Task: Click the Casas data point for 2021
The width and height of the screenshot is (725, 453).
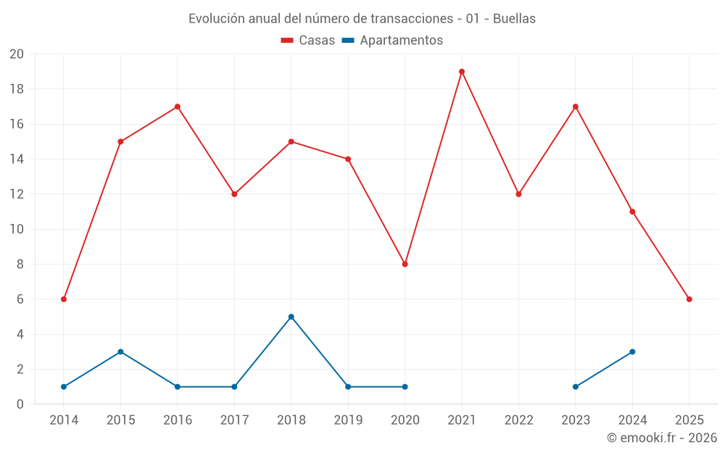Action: click(x=462, y=72)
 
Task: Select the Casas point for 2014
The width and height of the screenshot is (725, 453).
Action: click(x=64, y=299)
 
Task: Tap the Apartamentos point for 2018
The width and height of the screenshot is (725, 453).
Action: click(x=291, y=317)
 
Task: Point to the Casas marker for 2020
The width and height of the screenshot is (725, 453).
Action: click(x=405, y=264)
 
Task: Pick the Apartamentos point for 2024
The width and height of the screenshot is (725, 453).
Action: click(x=632, y=352)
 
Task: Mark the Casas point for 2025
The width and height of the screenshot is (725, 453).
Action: click(x=689, y=299)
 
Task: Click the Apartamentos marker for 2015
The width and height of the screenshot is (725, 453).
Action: click(x=120, y=352)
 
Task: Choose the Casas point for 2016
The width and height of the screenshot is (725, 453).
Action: click(x=178, y=107)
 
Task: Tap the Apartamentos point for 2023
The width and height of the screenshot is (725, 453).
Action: click(x=576, y=386)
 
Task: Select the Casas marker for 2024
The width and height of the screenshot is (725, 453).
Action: click(x=632, y=212)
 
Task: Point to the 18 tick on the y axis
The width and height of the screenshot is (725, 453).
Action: click(x=17, y=89)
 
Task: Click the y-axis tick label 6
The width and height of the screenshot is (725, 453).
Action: click(x=20, y=299)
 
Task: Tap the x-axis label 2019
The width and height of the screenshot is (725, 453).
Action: click(x=348, y=420)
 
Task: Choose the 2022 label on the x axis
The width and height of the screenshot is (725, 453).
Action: click(x=518, y=420)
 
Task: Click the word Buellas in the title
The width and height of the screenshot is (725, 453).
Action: click(x=514, y=19)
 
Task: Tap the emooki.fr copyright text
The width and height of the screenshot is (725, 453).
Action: click(x=662, y=438)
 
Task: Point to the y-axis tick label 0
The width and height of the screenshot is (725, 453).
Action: click(x=20, y=404)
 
